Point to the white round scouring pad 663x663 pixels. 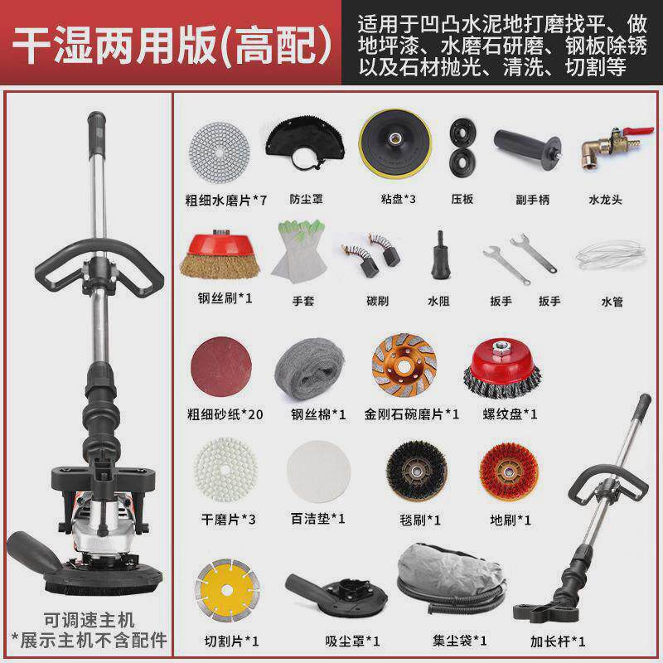[x=313, y=472]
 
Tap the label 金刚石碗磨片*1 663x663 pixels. [x=411, y=413]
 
